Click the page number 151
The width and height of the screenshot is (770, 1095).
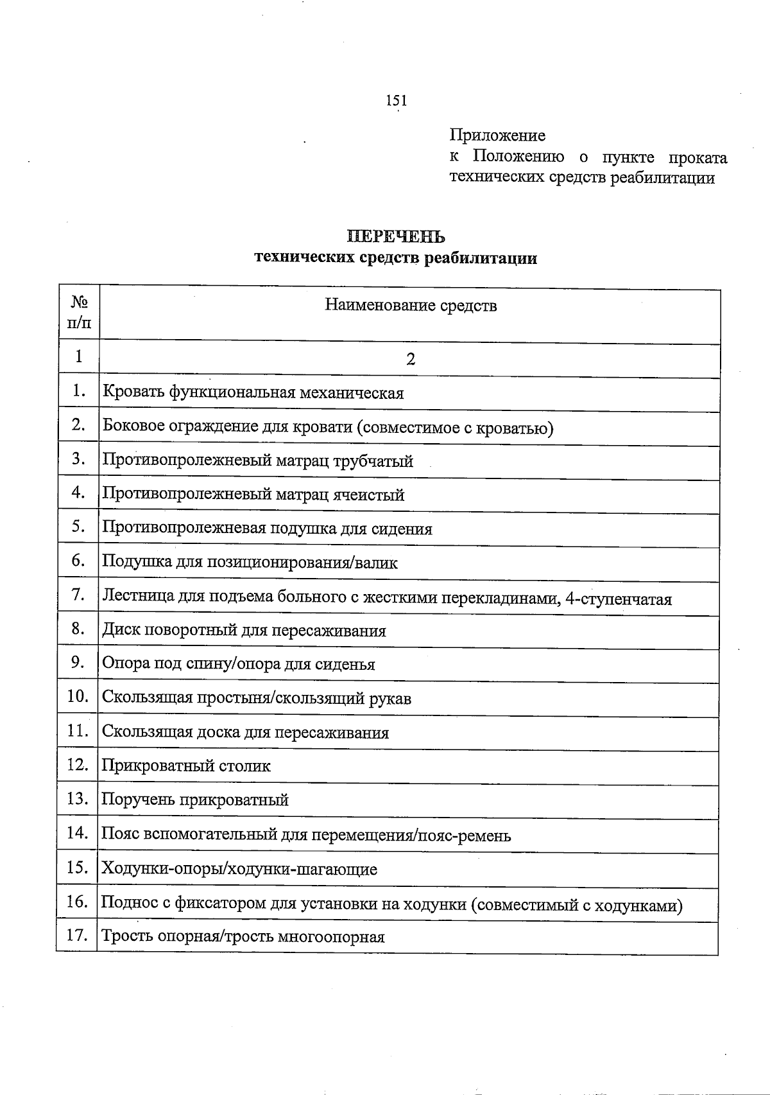[x=396, y=100]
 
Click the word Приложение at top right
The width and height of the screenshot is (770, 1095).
[x=497, y=136]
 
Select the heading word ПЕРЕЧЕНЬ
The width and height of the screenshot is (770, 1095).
[x=396, y=237]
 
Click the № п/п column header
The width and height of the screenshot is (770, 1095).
[x=79, y=312]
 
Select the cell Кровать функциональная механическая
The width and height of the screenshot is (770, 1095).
[x=253, y=392]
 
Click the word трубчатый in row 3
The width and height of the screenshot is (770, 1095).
[x=373, y=461]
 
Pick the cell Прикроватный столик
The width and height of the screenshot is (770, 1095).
[x=186, y=766]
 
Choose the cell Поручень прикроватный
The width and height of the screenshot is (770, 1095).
[x=195, y=800]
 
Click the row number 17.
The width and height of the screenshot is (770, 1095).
[x=77, y=935]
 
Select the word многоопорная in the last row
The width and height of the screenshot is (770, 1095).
[x=331, y=936]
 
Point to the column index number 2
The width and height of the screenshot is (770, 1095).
[x=411, y=359]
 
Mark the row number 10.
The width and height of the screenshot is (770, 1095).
[x=77, y=697]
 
